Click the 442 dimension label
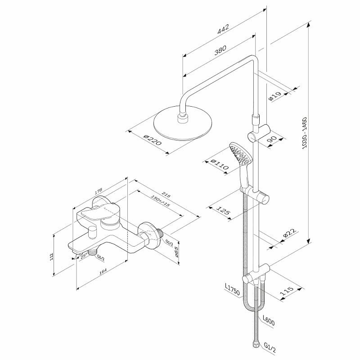pos(222,28)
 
